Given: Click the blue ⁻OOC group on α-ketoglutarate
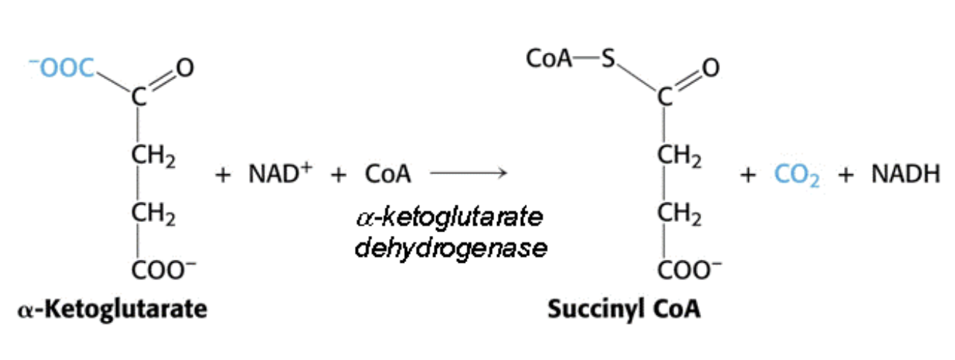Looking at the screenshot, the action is click(65, 68).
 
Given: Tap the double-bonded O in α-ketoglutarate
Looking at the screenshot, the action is click(184, 68).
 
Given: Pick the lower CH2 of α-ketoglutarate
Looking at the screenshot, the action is click(152, 213).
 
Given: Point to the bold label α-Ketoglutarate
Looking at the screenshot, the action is click(112, 309).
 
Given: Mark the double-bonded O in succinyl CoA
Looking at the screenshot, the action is click(710, 68).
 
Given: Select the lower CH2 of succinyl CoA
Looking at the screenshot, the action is click(679, 213).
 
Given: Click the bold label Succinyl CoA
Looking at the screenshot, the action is click(623, 309).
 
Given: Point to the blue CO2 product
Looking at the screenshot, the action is click(797, 176).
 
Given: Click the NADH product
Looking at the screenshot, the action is click(906, 175).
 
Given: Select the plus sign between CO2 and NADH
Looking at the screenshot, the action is click(845, 176).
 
